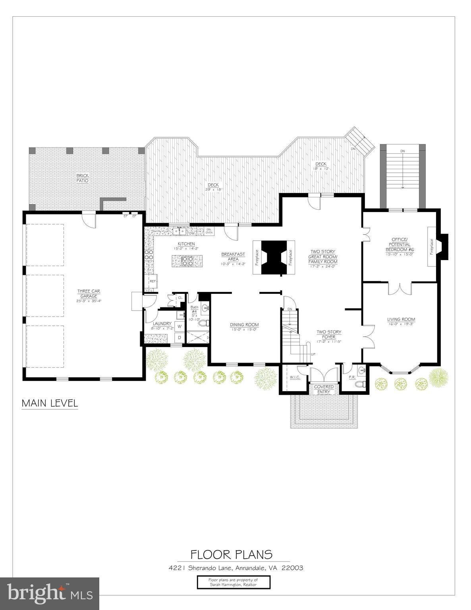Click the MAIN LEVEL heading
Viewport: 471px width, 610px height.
pyautogui.click(x=50, y=403)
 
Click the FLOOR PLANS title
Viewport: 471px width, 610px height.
pyautogui.click(x=232, y=554)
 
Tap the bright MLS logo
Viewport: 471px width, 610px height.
pyautogui.click(x=50, y=594)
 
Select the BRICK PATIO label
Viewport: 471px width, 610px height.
pyautogui.click(x=83, y=178)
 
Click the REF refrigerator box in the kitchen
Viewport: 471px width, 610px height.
pyautogui.click(x=152, y=281)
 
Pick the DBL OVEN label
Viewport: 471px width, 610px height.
pyautogui.click(x=209, y=231)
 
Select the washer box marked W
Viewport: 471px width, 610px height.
pyautogui.click(x=180, y=326)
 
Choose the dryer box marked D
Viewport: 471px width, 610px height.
pyautogui.click(x=180, y=338)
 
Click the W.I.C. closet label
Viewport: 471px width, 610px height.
pyautogui.click(x=295, y=377)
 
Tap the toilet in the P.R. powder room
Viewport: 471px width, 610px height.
pyautogui.click(x=360, y=384)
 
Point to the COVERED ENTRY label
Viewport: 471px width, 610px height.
pyautogui.click(x=324, y=389)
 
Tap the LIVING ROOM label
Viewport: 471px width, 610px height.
pyautogui.click(x=401, y=319)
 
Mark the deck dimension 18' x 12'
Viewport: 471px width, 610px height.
pyautogui.click(x=321, y=168)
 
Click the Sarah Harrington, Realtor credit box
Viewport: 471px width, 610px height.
pyautogui.click(x=233, y=582)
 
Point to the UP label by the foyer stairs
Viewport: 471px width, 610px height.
pyautogui.click(x=313, y=354)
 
